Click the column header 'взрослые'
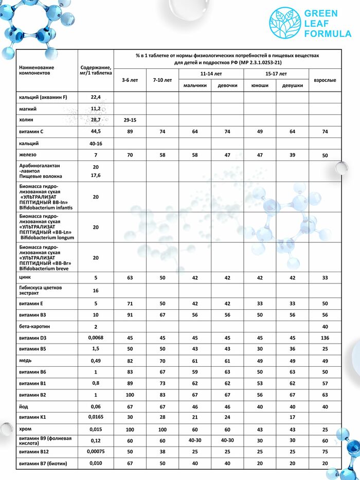coord(325,80)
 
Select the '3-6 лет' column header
coord(130,80)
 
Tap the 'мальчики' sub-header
coord(195,85)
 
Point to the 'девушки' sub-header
coord(292,85)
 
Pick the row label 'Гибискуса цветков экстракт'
coord(40,291)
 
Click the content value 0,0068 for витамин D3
coord(95,337)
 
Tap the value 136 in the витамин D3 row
coord(325,338)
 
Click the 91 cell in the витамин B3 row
coord(130,315)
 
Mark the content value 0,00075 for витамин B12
coord(95,451)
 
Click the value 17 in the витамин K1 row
coord(292,417)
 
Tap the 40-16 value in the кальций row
coord(95,144)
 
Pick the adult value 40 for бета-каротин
coord(325,327)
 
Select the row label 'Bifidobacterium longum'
coord(47,238)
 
